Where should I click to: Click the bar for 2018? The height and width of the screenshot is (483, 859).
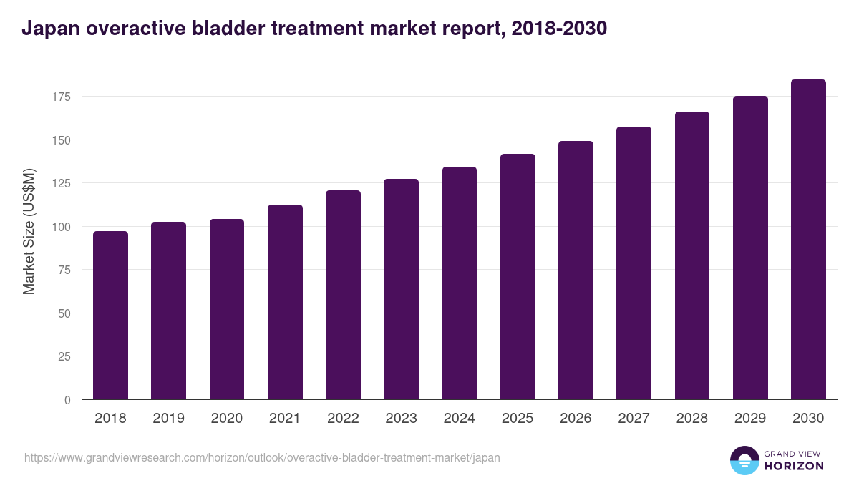tap(110, 315)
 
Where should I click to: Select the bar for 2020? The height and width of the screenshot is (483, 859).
tap(227, 309)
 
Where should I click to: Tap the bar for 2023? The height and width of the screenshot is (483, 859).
tap(401, 289)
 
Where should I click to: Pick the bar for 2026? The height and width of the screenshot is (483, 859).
tap(576, 270)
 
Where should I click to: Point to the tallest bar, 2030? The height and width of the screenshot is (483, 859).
tap(808, 240)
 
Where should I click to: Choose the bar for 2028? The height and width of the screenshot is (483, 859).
tap(691, 255)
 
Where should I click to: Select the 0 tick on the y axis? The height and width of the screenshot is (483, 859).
tap(67, 400)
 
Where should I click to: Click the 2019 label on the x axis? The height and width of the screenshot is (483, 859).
tap(168, 419)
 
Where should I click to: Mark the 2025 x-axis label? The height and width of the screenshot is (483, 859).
tap(518, 419)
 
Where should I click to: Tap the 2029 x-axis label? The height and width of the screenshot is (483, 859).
tap(750, 419)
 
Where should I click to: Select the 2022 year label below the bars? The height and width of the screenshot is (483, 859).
tap(343, 419)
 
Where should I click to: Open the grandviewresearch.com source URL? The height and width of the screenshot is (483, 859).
tap(262, 457)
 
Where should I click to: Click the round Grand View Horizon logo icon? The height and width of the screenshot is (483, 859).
tap(744, 460)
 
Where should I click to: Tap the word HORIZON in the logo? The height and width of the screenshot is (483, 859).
tap(794, 466)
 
